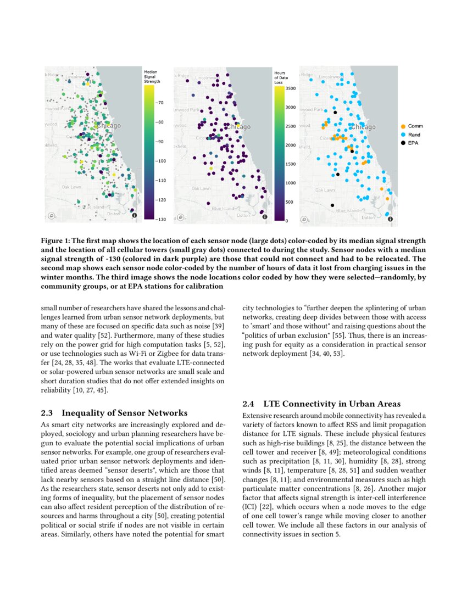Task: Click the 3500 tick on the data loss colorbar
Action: click(291, 88)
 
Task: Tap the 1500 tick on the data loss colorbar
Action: click(291, 164)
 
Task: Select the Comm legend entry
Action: click(415, 126)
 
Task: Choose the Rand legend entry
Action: click(414, 135)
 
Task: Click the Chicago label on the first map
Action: click(109, 126)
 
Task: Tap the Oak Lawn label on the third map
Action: click(325, 190)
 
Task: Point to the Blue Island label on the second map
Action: click(223, 209)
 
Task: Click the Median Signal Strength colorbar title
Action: click(152, 76)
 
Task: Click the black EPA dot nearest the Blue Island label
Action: click(332, 205)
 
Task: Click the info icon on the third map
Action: click(390, 219)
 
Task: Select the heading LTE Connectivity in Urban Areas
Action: click(332, 404)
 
